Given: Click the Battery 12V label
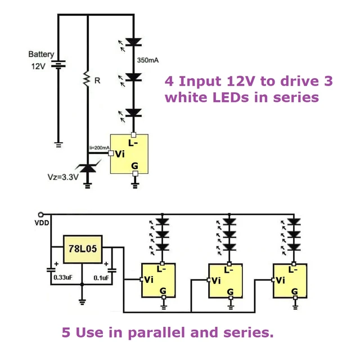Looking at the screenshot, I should click(x=41, y=60).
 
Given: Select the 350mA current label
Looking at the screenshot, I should click(x=148, y=60).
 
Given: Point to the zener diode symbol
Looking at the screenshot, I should click(x=88, y=167).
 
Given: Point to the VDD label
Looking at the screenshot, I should click(x=42, y=223).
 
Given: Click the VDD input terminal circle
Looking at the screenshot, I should click(x=40, y=214).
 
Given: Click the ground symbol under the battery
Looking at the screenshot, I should click(x=58, y=144).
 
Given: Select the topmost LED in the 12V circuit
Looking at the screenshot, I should click(x=133, y=41).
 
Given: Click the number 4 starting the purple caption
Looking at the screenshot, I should click(x=169, y=81).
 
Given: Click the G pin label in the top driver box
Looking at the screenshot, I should click(x=134, y=166).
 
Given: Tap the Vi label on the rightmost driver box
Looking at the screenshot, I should click(x=280, y=280).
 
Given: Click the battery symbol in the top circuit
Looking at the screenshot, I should click(x=58, y=65).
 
